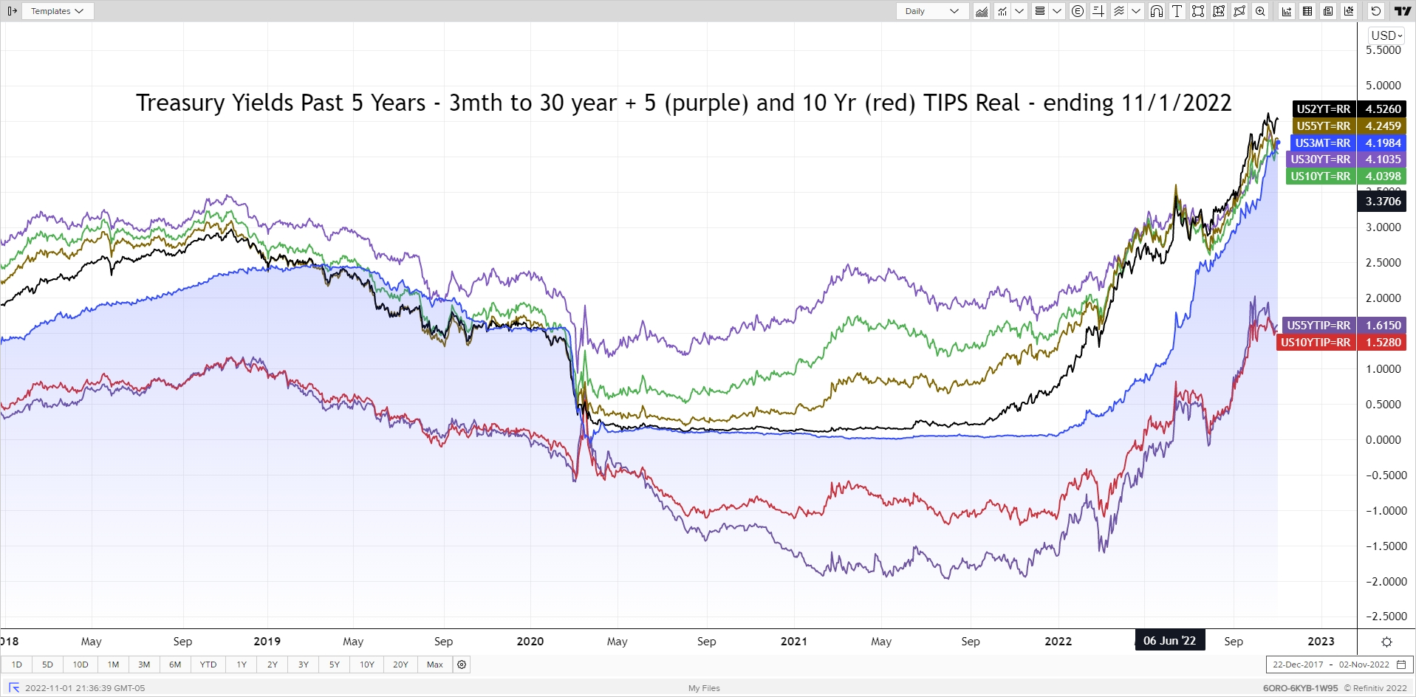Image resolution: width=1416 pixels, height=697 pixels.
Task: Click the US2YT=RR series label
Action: click(1323, 109)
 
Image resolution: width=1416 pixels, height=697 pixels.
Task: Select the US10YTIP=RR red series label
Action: click(1316, 343)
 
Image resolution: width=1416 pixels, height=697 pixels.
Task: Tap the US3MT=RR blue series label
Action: click(1322, 143)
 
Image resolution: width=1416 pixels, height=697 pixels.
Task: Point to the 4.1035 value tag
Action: click(1383, 159)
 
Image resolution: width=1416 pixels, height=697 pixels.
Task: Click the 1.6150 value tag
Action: click(1383, 326)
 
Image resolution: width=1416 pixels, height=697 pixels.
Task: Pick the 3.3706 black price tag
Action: click(1383, 202)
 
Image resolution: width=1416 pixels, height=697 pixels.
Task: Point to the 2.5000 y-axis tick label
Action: click(1383, 263)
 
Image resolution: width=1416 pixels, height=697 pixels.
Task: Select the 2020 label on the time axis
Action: click(530, 641)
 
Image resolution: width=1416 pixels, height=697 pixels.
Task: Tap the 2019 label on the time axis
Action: click(267, 641)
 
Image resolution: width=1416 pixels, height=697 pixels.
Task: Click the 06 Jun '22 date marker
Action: click(1169, 641)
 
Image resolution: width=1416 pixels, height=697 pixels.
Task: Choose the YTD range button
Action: click(208, 665)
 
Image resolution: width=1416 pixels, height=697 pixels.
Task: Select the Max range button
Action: click(435, 665)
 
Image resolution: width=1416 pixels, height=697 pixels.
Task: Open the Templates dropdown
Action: click(57, 11)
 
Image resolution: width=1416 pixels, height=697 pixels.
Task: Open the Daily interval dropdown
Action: click(932, 11)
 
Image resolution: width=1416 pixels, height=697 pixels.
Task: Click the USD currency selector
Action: click(1386, 35)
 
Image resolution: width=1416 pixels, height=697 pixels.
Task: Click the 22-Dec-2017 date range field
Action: click(1298, 665)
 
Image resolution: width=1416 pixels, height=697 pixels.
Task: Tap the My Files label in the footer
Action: click(704, 688)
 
